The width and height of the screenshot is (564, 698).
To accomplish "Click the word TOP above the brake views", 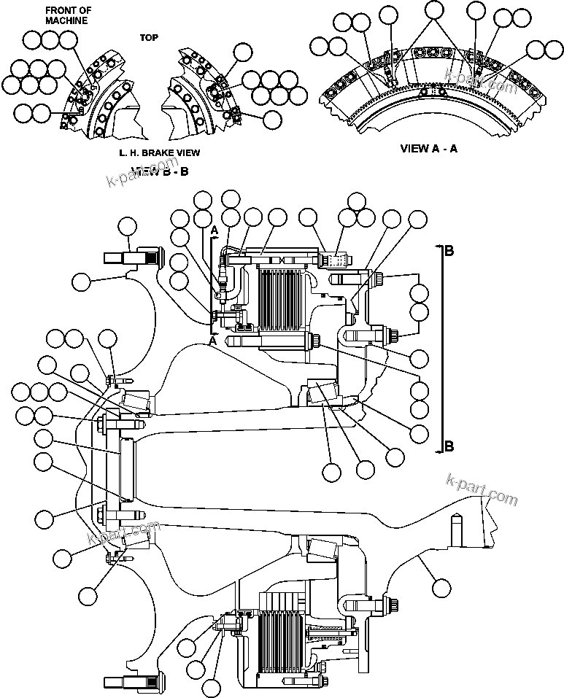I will (149, 36).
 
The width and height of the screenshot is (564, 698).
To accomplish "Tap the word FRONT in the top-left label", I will (56, 10).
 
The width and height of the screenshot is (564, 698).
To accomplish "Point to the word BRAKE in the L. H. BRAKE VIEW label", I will (161, 152).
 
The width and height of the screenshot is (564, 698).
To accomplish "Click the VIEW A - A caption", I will (430, 147).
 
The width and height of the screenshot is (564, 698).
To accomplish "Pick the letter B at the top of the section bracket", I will (449, 250).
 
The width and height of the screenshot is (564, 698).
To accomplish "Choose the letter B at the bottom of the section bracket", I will (449, 446).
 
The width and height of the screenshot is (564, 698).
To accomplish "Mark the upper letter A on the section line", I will (215, 230).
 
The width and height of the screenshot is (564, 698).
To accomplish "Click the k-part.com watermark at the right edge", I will (482, 491).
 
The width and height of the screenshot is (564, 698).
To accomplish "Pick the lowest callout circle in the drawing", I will (212, 687).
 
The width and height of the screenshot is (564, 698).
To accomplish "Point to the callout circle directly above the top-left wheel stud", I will (128, 226).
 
